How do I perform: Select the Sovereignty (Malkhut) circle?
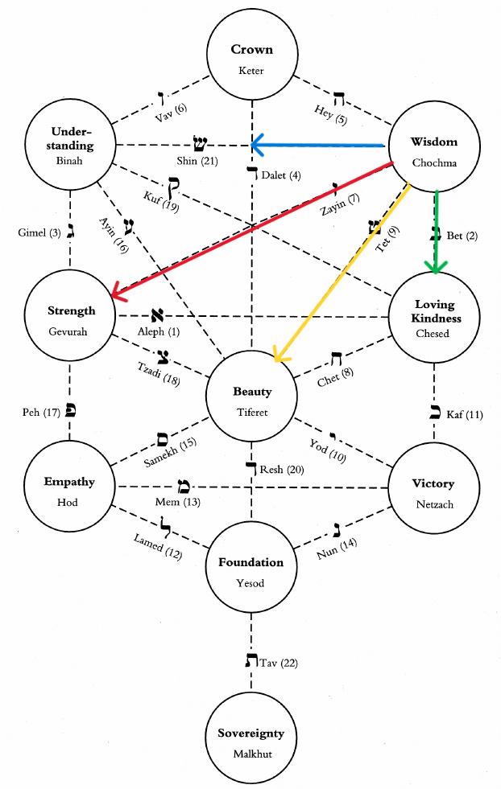(x=250, y=742)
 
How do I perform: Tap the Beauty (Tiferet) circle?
(x=251, y=401)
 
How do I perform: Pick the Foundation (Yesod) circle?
(x=250, y=570)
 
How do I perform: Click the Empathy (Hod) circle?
(x=69, y=491)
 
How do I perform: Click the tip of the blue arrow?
(x=252, y=145)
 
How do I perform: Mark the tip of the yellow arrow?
(x=275, y=364)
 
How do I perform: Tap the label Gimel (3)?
(x=39, y=232)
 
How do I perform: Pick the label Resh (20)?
(x=282, y=470)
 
